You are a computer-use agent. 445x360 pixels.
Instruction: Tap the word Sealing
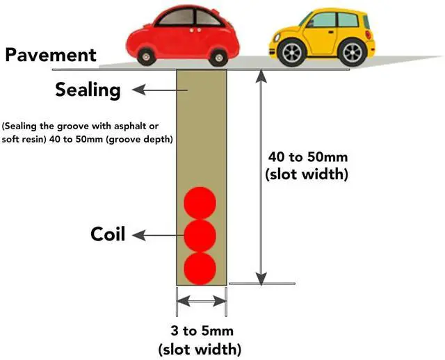pos(88,90)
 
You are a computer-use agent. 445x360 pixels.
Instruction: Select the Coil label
pos(108,234)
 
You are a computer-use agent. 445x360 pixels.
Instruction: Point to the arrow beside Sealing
pos(153,90)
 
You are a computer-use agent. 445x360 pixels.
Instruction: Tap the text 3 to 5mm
pos(200,330)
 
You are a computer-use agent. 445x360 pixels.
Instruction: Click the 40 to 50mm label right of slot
pos(307,157)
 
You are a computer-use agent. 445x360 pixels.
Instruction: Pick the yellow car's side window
pos(323,20)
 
